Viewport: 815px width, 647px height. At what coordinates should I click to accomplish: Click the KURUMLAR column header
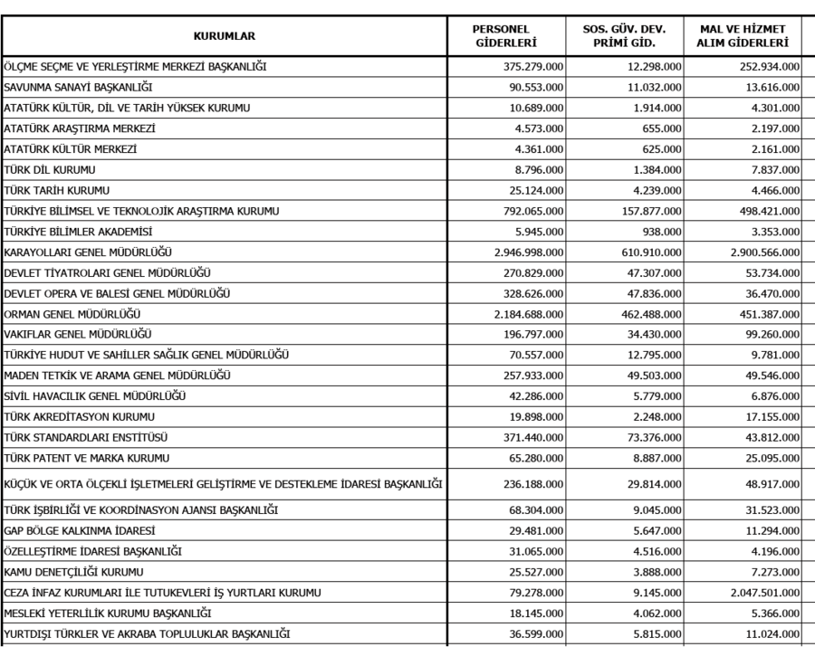coord(224,36)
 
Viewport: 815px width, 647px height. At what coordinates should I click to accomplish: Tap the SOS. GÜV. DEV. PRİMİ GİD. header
coord(627,36)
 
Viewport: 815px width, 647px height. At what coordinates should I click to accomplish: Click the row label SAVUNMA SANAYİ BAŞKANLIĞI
coord(77,87)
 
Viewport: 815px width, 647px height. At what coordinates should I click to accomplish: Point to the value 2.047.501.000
coord(758,593)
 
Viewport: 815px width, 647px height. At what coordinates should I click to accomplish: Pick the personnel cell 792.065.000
coord(533,211)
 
